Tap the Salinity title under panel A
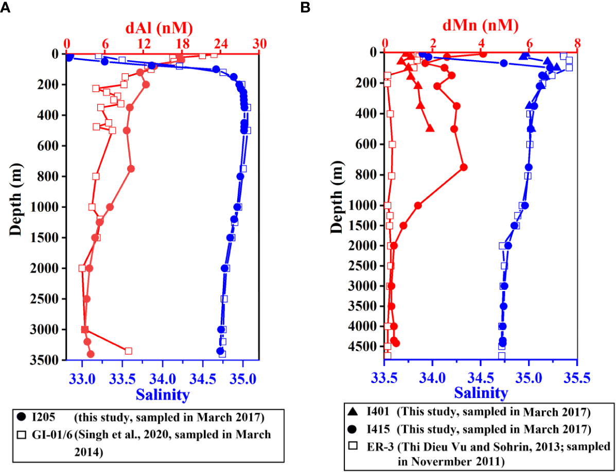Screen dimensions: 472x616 tap(162, 394)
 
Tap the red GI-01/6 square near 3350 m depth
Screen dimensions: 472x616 tap(128, 351)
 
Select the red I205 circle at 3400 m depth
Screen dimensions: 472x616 tap(91, 354)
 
